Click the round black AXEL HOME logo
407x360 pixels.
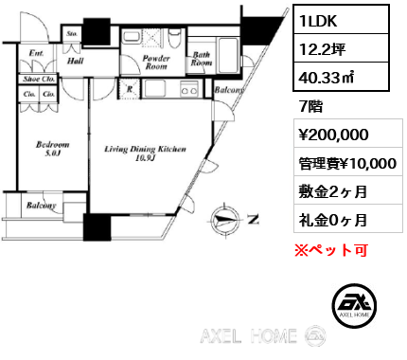[x=355, y=305]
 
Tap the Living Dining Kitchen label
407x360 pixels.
[x=145, y=153]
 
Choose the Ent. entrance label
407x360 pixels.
[x=37, y=54]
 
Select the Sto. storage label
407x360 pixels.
[x=73, y=34]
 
